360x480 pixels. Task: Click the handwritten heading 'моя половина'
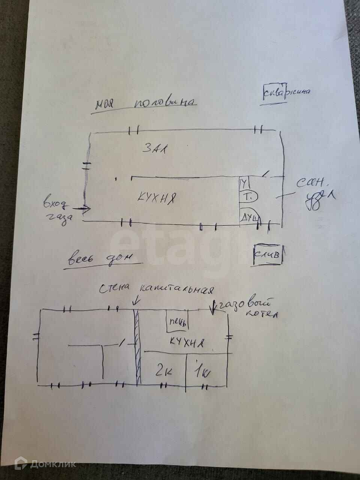point(145,103)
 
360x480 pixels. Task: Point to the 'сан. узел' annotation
point(313,191)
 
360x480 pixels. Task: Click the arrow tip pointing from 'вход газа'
point(89,209)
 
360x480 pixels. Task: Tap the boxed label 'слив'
point(267,255)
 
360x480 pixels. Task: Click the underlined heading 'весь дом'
point(100,259)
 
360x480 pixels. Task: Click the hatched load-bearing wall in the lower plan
point(138,347)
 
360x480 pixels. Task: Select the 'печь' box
point(178,322)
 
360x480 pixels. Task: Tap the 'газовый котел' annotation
point(249,308)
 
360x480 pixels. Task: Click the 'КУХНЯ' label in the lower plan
point(186,342)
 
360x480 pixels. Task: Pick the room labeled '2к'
point(163,371)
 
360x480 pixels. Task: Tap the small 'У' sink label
point(244,183)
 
